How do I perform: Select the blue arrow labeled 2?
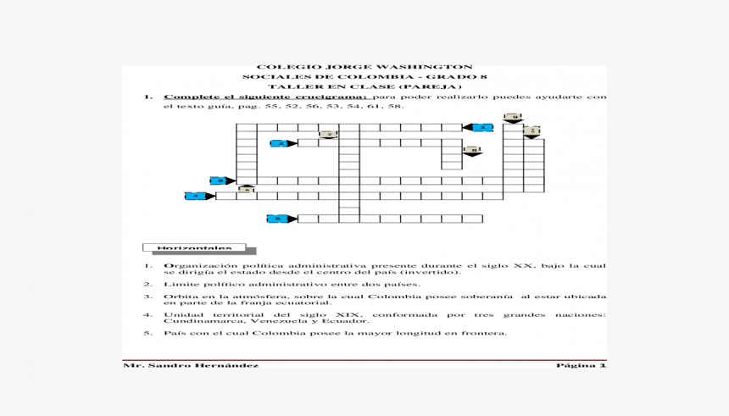(x=282, y=144)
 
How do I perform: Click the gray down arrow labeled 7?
(x=328, y=135)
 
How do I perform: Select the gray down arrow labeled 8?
(x=472, y=151)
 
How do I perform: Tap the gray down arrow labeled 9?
(x=512, y=118)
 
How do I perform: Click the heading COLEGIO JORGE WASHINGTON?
(x=364, y=67)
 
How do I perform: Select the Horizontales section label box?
(x=194, y=248)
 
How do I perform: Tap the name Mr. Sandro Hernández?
(x=191, y=365)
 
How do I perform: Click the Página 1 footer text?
(x=581, y=365)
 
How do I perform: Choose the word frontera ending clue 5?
(x=485, y=333)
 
